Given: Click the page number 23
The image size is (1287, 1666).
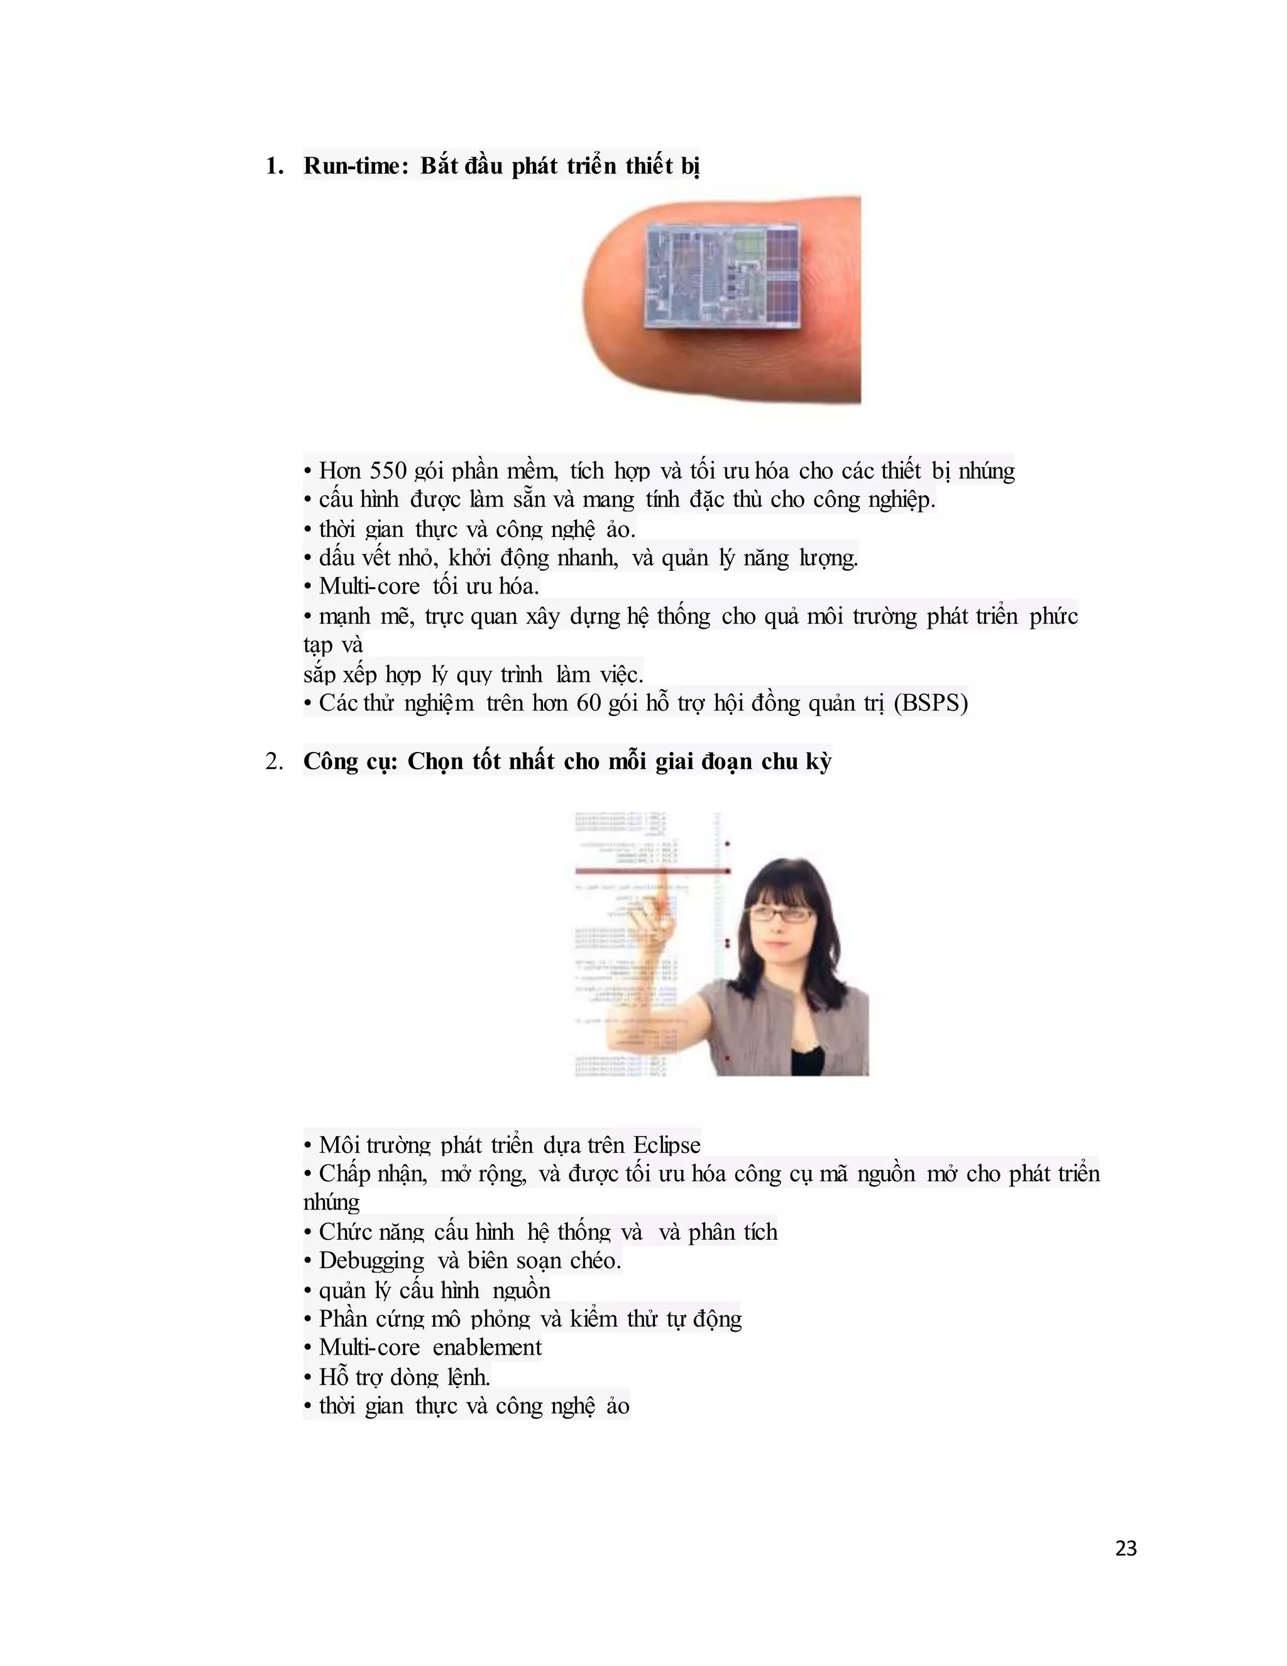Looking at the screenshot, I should (x=1125, y=1548).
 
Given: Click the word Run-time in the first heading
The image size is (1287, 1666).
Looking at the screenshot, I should (x=351, y=165).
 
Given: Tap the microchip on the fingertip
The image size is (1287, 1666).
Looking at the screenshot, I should (x=722, y=275).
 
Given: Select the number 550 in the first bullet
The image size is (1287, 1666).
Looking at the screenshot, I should (x=383, y=471).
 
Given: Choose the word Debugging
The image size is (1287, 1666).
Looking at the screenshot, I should (x=371, y=1261).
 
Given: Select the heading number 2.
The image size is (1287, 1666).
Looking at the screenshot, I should (x=274, y=761).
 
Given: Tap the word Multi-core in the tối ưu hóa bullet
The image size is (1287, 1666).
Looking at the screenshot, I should (x=369, y=586).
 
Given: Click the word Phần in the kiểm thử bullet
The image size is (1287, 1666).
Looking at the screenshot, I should (x=339, y=1319).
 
